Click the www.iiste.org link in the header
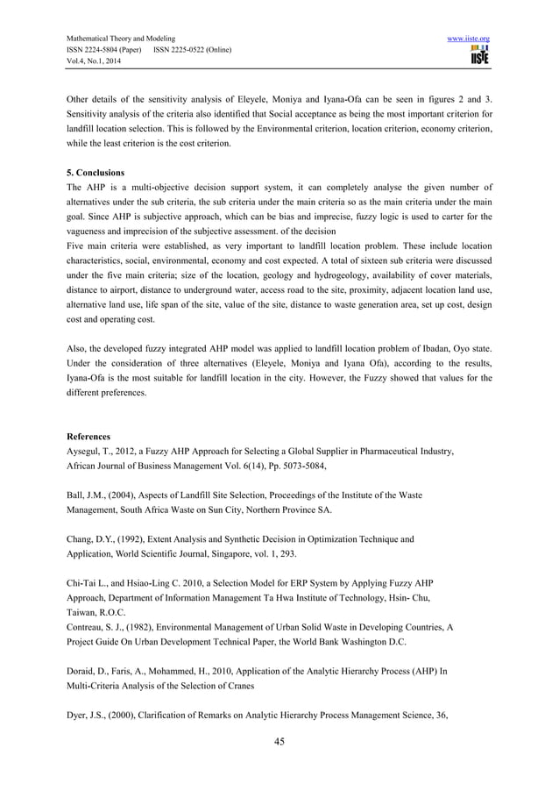click(466, 39)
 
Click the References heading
click(88, 435)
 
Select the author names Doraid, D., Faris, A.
click(110, 671)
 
